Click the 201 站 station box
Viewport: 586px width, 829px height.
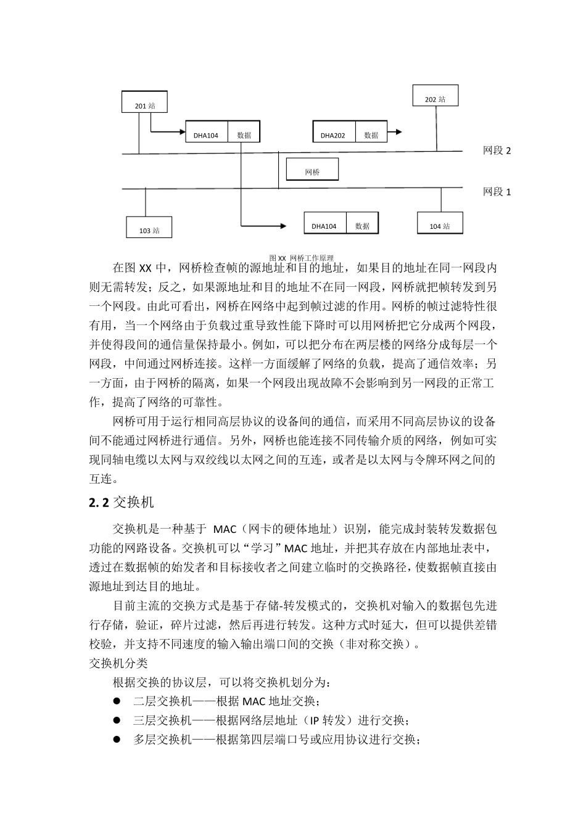click(145, 105)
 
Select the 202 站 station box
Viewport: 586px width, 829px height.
click(435, 99)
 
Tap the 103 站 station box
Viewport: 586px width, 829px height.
click(149, 229)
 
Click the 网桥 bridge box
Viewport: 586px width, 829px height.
click(313, 172)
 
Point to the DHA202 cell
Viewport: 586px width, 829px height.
click(332, 134)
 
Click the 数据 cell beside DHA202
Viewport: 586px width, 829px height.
click(371, 134)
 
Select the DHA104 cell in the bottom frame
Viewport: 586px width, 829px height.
click(324, 226)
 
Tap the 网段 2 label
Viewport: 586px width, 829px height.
click(497, 151)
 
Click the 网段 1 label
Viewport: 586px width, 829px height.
click(497, 192)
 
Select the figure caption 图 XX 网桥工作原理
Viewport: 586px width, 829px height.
click(301, 258)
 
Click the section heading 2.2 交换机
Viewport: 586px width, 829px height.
click(121, 502)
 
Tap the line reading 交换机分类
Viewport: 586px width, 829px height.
click(118, 663)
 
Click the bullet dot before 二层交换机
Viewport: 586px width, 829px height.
click(115, 701)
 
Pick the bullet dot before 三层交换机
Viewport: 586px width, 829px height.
click(115, 720)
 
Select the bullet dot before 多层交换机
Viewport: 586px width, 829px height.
click(115, 739)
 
